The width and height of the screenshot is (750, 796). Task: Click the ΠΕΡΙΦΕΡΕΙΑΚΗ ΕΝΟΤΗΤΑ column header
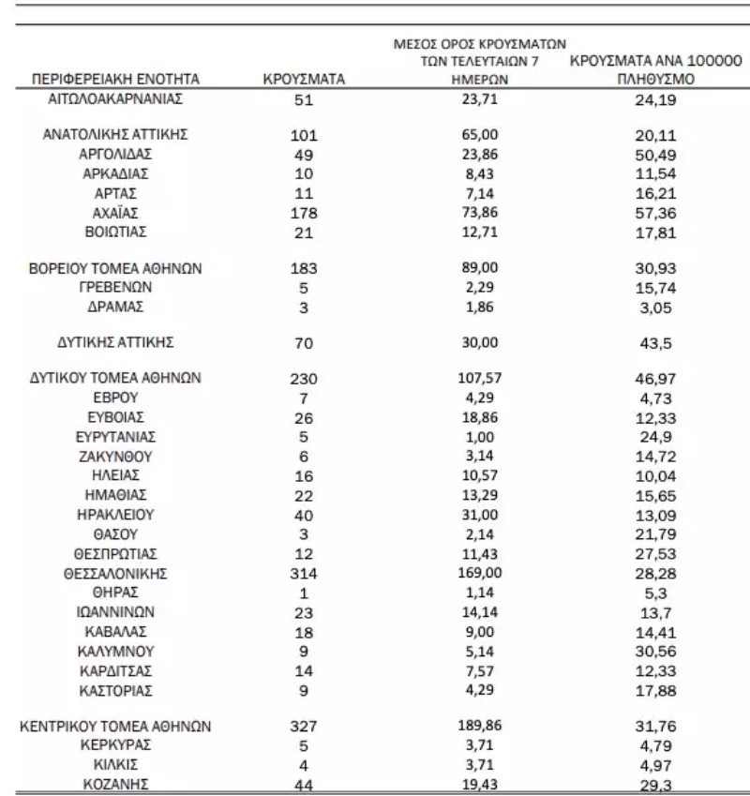coord(116,79)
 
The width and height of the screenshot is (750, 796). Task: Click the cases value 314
coord(305,573)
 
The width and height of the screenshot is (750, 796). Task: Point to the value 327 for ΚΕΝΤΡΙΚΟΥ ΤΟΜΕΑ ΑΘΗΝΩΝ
coord(305,727)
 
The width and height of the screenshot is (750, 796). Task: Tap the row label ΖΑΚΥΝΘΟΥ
coord(116,457)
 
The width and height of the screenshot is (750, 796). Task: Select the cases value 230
coord(305,380)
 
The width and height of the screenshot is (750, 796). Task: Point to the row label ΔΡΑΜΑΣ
coord(116,307)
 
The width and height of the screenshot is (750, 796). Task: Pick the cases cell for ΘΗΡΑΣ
coord(305,593)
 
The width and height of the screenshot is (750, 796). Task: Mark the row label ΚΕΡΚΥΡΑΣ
coord(116,745)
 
